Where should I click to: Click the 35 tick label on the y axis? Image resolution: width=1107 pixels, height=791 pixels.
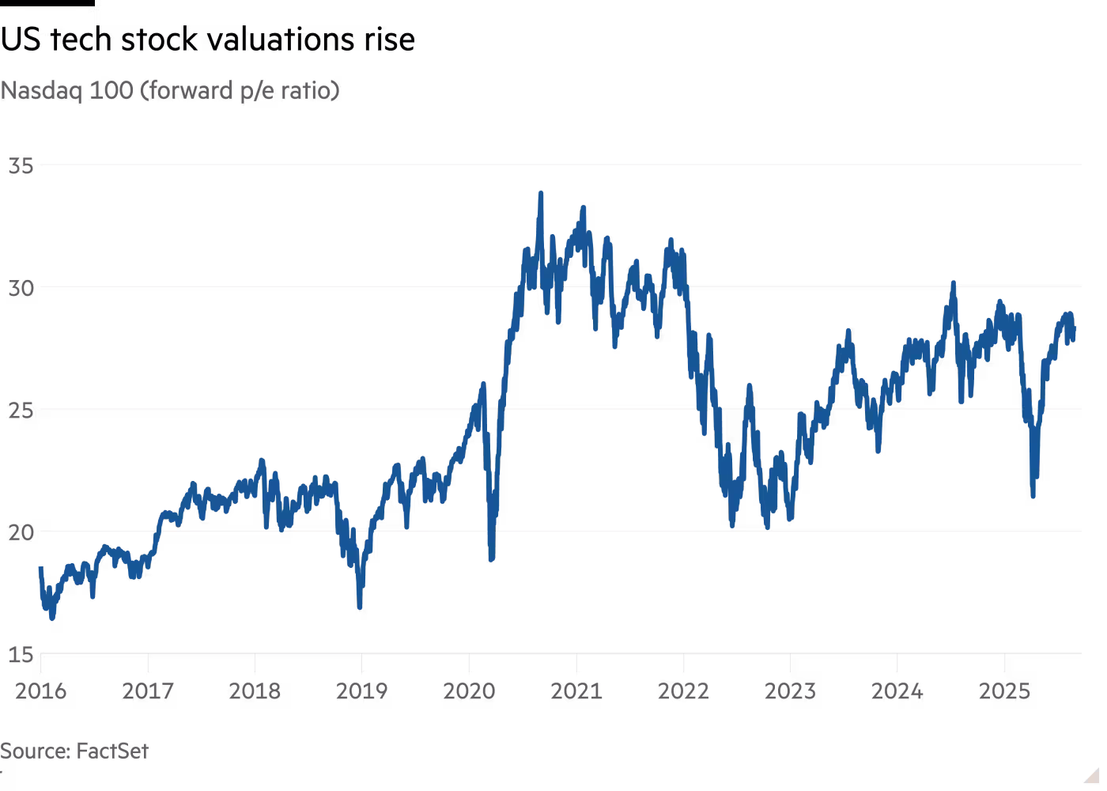21,165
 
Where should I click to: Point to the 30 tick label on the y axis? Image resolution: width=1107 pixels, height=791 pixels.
21,287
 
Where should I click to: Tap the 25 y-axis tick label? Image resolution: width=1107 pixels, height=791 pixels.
21,410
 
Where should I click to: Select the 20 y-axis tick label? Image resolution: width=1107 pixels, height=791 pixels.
21,532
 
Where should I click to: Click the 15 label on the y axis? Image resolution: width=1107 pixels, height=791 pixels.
21,654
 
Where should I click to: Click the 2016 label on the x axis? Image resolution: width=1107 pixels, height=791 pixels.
40,691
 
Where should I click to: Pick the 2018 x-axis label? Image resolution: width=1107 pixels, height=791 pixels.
255,691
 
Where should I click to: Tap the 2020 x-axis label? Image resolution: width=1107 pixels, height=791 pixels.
469,691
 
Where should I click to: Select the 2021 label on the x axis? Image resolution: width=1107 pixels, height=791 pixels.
576,691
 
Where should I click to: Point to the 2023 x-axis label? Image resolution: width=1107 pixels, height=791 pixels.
790,691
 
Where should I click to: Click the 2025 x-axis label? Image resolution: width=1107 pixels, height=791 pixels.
1004,691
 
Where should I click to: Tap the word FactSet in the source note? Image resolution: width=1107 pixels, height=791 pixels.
111,751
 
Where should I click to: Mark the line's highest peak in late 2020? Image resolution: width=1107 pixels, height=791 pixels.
541,192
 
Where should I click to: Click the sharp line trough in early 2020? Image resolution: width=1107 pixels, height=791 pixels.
491,558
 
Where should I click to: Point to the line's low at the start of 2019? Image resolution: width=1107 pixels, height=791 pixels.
360,607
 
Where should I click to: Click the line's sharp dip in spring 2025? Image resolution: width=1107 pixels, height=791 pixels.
1033,496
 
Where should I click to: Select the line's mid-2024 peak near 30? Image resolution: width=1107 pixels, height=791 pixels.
954,282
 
